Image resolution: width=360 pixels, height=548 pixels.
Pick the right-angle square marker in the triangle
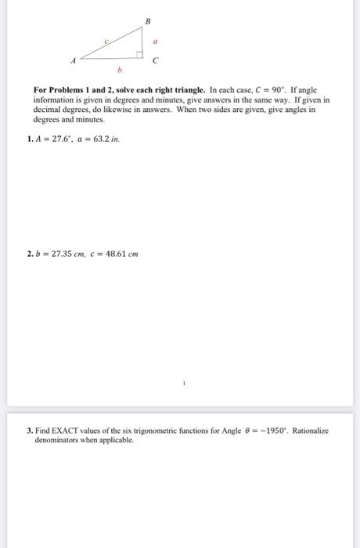(139, 55)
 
